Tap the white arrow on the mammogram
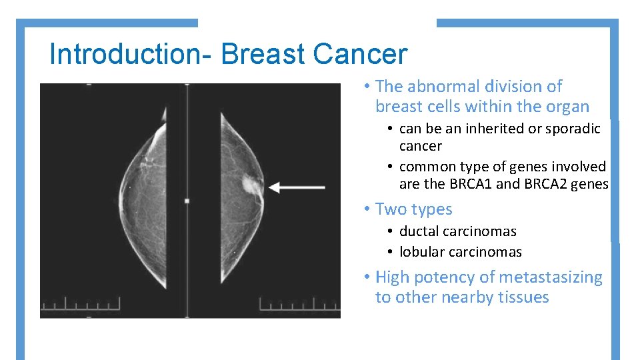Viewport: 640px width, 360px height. [297, 187]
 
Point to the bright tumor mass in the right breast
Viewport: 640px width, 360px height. [252, 185]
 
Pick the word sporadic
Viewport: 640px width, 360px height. [571, 129]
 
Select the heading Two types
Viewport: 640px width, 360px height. [413, 209]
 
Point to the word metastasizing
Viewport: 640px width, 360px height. [550, 277]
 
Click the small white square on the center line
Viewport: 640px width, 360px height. [187, 201]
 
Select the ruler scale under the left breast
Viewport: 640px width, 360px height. [81, 305]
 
